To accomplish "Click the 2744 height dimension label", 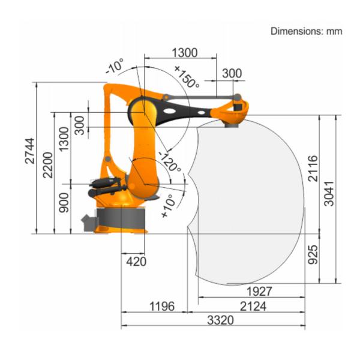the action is (x=30, y=151).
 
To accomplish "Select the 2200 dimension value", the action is (x=48, y=165).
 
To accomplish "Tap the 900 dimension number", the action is (x=64, y=203).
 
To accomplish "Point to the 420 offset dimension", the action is (x=136, y=262).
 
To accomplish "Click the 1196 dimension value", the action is (x=162, y=306).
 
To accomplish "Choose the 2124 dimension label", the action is (x=253, y=306).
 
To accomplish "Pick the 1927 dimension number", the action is (x=259, y=292).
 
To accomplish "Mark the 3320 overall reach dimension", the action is (x=220, y=320).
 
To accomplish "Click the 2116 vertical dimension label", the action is (x=313, y=169).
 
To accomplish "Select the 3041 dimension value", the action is (x=329, y=194).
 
